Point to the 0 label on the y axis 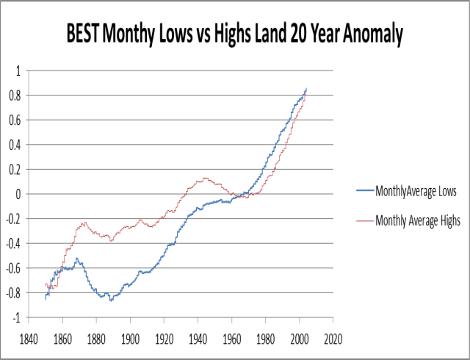(x=18, y=195)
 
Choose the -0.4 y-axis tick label (x=12, y=244)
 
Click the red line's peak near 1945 (x=205, y=178)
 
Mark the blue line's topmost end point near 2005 (x=306, y=89)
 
